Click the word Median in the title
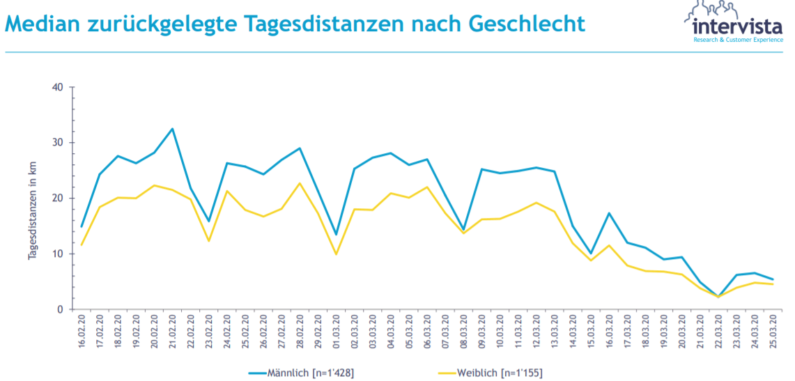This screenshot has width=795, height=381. (42, 25)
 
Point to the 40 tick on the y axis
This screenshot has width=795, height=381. (57, 87)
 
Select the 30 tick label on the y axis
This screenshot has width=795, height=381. (57, 143)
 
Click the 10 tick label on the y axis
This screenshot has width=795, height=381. (57, 254)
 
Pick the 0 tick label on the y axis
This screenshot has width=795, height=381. (60, 309)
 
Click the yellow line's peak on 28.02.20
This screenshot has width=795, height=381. (300, 183)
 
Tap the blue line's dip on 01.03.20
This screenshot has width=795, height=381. (337, 235)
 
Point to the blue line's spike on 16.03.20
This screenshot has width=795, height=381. (609, 213)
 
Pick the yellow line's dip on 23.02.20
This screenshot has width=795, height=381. (209, 241)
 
